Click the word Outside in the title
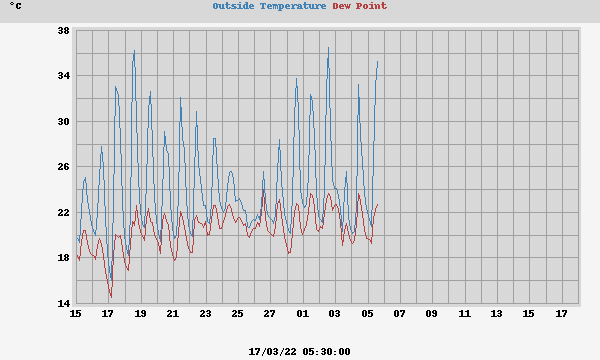(234, 6)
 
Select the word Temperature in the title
(293, 6)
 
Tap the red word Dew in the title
(343, 6)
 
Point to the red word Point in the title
(372, 6)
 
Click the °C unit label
(15, 6)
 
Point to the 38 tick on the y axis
(62, 30)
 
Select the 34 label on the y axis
(62, 76)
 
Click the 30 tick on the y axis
(62, 122)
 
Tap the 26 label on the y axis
(62, 167)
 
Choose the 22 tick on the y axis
(62, 213)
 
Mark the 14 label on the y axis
(62, 304)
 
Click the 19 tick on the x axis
(140, 314)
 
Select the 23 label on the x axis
(205, 314)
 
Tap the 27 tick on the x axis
(270, 314)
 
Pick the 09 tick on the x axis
(432, 314)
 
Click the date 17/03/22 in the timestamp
(272, 351)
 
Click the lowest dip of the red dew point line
(110, 297)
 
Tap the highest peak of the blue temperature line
(328, 47)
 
